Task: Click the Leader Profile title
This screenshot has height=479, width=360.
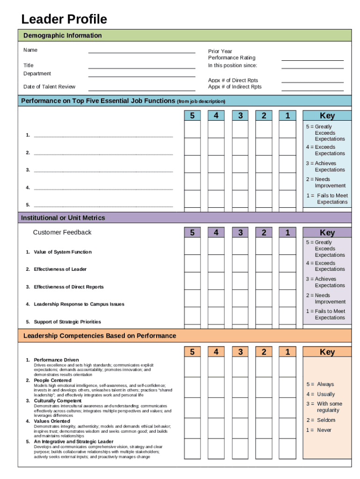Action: tap(64, 19)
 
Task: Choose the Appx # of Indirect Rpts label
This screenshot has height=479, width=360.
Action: tap(235, 87)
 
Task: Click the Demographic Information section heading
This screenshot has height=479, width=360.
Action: tap(63, 36)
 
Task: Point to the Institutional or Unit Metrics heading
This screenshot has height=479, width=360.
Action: tap(63, 218)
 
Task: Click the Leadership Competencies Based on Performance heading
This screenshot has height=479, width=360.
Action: tap(100, 336)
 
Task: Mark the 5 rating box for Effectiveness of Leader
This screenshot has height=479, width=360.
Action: tap(192, 263)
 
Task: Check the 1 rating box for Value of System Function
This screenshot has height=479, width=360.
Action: tap(288, 246)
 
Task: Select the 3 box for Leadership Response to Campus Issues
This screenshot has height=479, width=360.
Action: tap(240, 298)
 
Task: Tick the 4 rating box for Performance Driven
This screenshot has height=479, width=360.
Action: tap(216, 367)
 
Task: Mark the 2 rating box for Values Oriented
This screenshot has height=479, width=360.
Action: tap(264, 428)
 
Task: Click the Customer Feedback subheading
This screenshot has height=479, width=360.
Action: tap(62, 232)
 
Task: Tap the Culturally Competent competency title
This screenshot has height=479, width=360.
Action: tap(58, 401)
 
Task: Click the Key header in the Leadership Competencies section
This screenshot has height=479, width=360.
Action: tap(327, 352)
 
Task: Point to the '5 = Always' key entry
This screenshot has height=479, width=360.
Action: tap(320, 385)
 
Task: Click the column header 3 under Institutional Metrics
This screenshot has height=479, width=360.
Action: tap(240, 232)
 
